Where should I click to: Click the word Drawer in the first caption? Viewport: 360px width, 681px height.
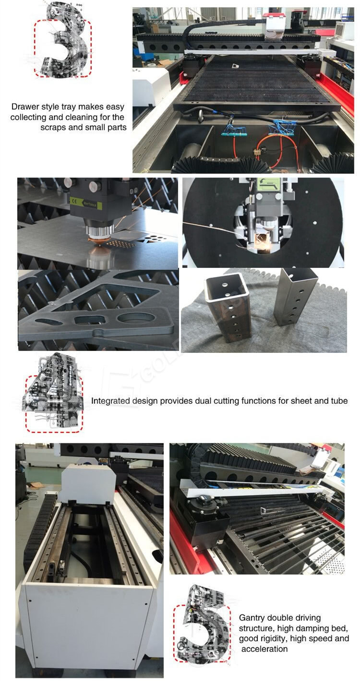click(x=24, y=107)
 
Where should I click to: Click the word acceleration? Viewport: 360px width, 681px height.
click(x=264, y=649)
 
